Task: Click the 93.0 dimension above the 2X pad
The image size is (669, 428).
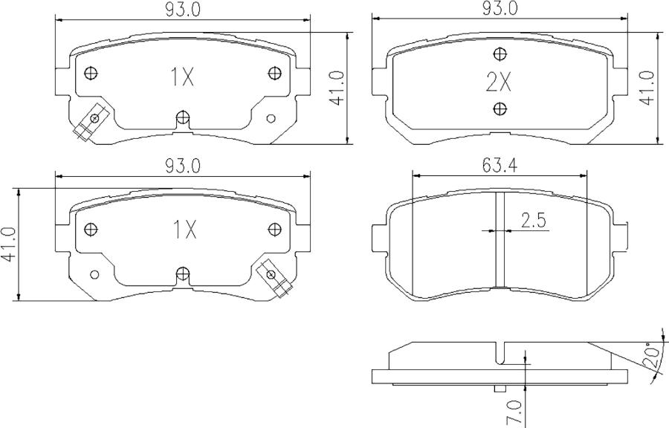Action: click(500, 9)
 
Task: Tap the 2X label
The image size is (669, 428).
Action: click(499, 82)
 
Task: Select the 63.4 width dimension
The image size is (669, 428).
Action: click(499, 166)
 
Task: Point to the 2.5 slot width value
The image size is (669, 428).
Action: click(534, 221)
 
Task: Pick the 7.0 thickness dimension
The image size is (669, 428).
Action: click(514, 411)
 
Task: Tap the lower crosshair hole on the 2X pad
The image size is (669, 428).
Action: click(499, 109)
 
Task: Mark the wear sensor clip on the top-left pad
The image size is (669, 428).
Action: click(87, 124)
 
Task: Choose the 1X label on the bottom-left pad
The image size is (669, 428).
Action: click(183, 230)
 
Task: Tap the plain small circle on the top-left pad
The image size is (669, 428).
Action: click(271, 119)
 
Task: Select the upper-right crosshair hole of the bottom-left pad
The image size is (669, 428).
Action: click(274, 228)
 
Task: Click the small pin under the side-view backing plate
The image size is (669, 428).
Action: click(500, 388)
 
